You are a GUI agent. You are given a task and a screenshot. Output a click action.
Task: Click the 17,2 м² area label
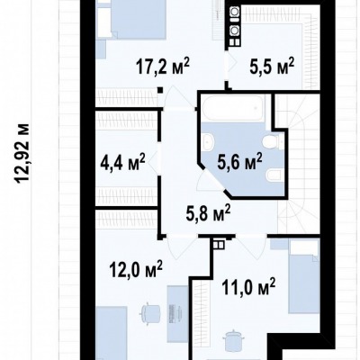point(163,67)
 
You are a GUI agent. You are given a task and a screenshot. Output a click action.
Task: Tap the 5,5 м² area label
point(272,67)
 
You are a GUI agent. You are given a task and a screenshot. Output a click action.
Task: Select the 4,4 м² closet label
point(123,162)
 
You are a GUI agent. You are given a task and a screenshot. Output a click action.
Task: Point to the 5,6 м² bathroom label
point(239,162)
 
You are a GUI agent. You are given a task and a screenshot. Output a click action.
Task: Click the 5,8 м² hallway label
point(208,212)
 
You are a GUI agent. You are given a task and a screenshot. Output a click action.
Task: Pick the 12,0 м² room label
point(136,269)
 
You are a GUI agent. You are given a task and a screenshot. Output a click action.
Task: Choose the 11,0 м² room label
point(248,287)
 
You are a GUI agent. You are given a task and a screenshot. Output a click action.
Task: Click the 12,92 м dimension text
point(22,153)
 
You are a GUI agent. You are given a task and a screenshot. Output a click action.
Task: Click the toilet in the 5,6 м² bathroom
point(272,141)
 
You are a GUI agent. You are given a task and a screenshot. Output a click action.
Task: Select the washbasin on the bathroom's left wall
point(207,141)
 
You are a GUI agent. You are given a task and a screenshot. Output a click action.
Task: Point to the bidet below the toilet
point(274,175)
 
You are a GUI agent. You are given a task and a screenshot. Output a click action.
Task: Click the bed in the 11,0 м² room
point(303,276)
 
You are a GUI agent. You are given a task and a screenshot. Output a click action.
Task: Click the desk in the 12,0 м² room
point(177,313)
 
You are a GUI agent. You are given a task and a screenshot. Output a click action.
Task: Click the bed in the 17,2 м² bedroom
point(132,19)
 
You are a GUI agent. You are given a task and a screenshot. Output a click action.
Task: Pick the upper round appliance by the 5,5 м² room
point(234,13)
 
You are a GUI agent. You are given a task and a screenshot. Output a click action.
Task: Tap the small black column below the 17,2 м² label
point(160,90)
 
